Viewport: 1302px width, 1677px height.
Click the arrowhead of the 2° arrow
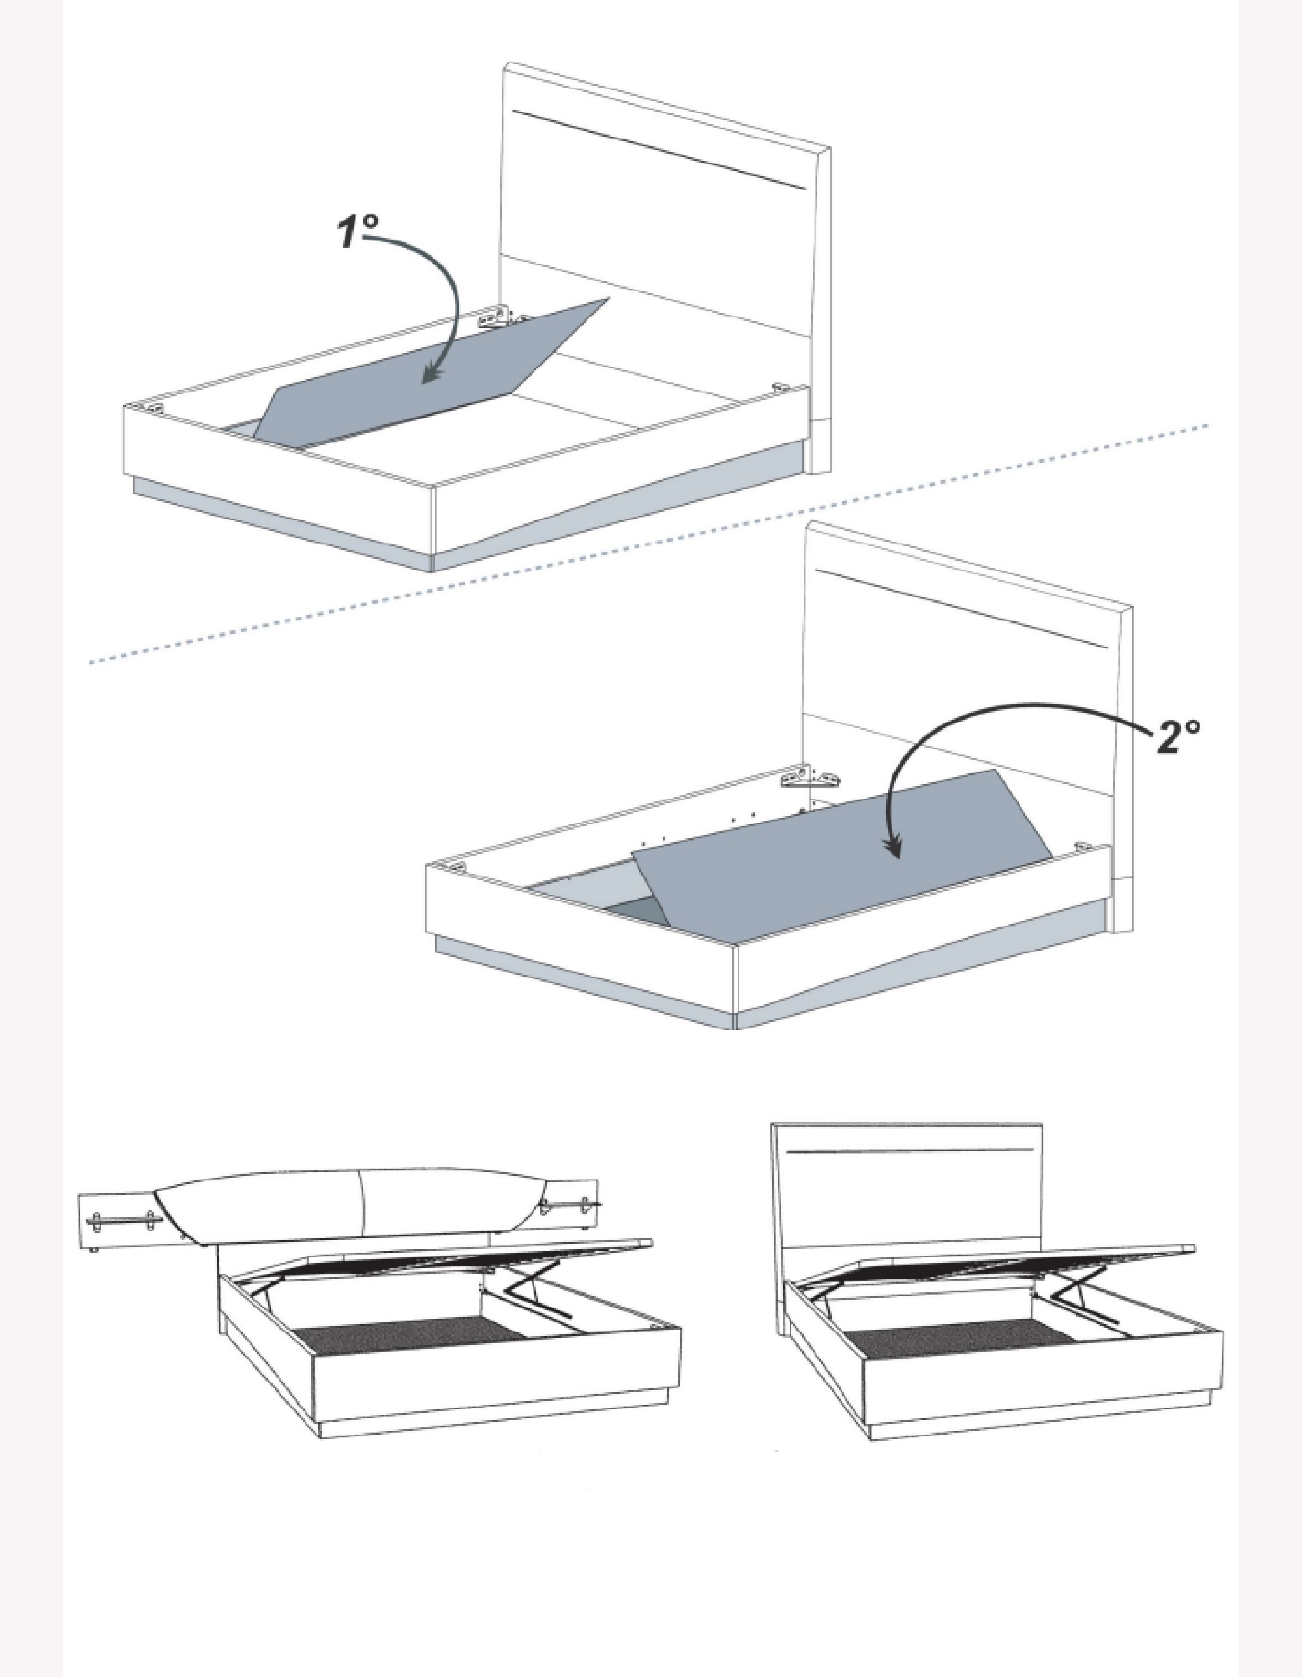click(893, 846)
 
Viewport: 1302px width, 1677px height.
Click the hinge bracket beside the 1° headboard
click(495, 317)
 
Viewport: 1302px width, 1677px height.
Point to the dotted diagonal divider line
click(649, 543)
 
